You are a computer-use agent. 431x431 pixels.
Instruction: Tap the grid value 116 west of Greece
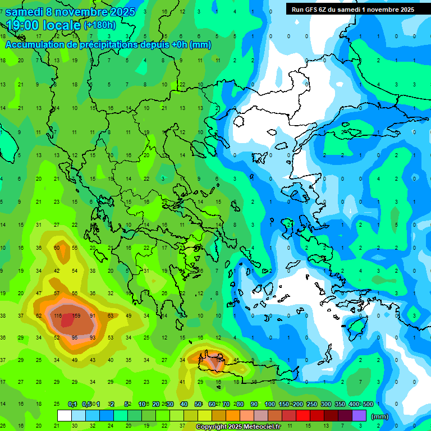(x=57, y=315)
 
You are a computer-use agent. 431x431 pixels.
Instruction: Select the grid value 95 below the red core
(x=75, y=337)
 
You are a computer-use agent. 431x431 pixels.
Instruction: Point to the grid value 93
(x=93, y=337)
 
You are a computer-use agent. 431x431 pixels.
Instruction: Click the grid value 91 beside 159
(x=93, y=315)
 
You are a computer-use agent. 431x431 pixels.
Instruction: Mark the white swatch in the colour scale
(x=65, y=416)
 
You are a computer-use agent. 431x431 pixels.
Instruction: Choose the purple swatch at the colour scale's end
(x=359, y=416)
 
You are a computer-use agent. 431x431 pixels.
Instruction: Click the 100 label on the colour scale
(x=270, y=404)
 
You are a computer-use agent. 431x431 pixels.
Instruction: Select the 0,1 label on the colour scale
(x=72, y=404)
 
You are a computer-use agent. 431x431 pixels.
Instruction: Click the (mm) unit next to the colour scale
(x=380, y=416)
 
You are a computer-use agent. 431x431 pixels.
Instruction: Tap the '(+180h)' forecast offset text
(x=100, y=25)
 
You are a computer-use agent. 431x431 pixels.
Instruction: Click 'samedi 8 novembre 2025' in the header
(x=70, y=11)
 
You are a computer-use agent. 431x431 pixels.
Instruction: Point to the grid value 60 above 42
(x=57, y=247)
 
